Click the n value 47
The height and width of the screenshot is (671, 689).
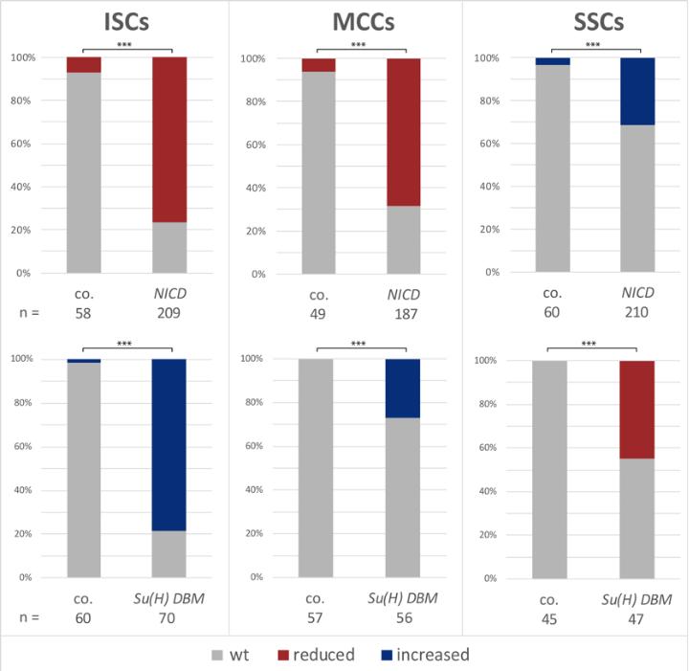point(636,617)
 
